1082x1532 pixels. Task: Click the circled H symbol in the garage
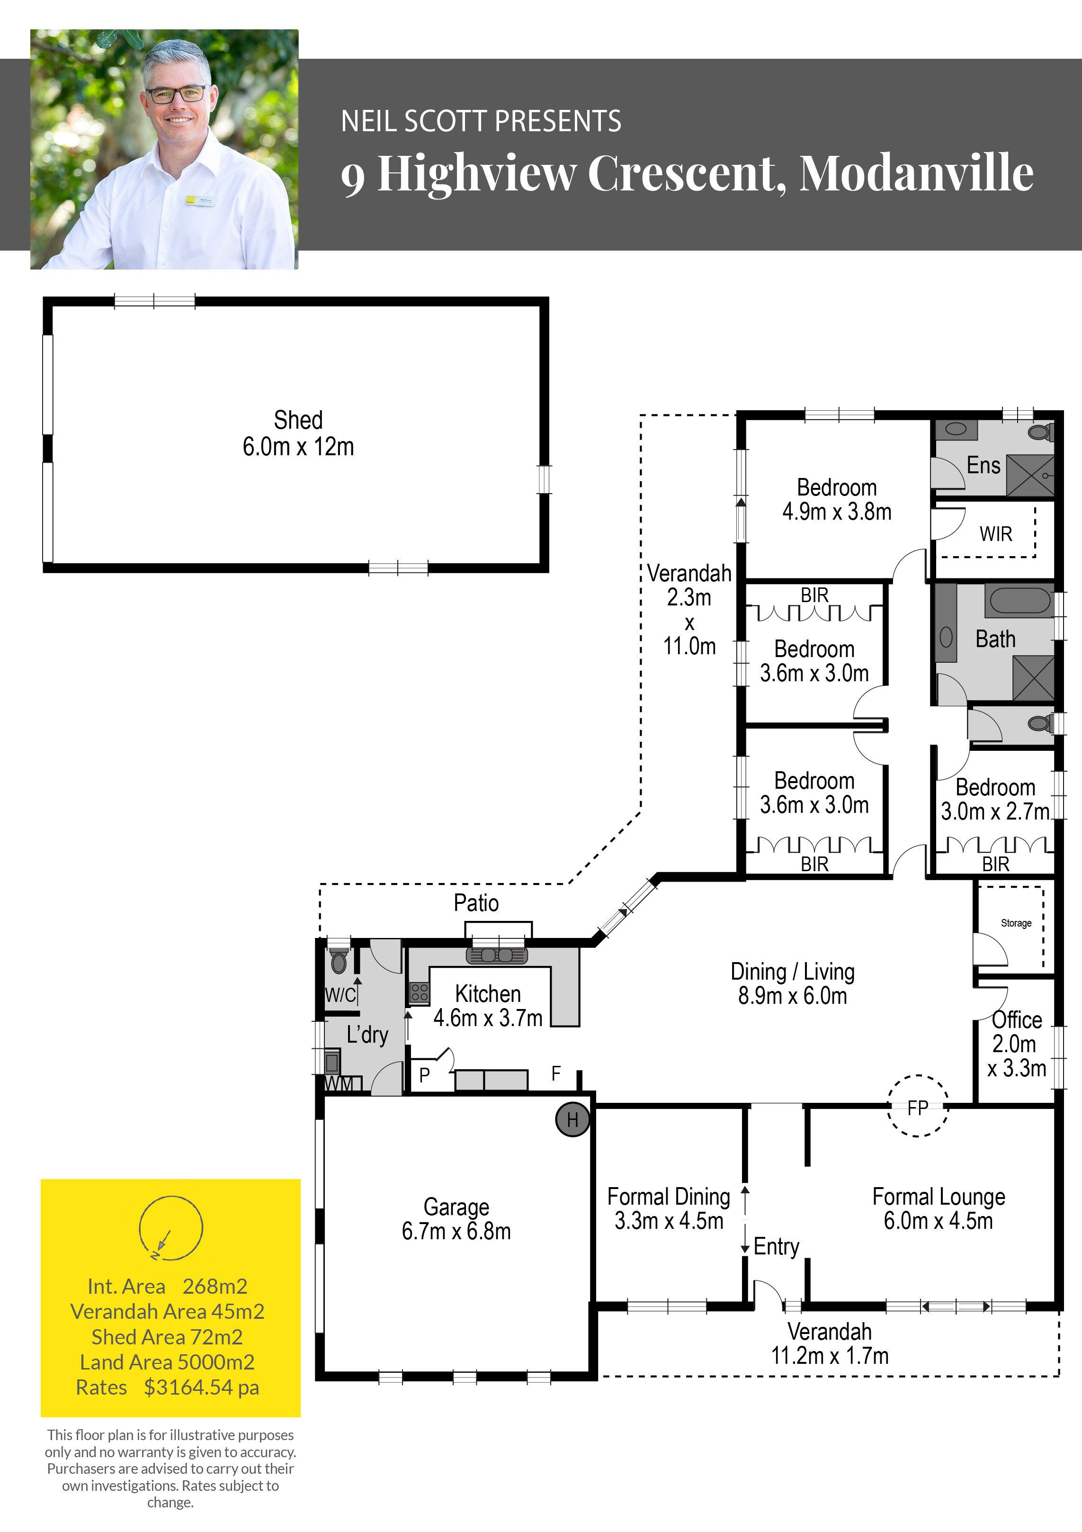click(572, 1120)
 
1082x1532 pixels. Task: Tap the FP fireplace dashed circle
click(918, 1076)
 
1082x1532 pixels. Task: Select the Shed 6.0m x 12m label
click(298, 433)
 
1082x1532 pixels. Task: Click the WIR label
click(995, 534)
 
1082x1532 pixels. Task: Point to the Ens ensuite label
click(984, 465)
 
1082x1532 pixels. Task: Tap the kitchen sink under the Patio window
click(497, 955)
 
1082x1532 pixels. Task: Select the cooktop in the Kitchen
click(419, 993)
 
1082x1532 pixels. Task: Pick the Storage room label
click(1016, 923)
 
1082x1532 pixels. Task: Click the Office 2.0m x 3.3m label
click(1017, 1044)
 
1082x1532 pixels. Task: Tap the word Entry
click(777, 1246)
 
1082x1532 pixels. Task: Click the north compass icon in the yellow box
click(171, 1228)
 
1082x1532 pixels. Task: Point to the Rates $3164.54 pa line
click(168, 1387)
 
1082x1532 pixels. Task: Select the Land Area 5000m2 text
click(168, 1362)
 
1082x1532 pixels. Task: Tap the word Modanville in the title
click(917, 173)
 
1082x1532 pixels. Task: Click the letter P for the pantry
click(424, 1075)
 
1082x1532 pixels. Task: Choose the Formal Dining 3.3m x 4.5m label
click(669, 1208)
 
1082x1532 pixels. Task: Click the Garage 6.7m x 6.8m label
click(456, 1218)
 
